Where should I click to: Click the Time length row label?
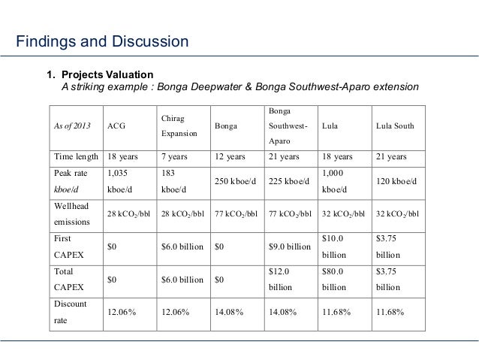76,157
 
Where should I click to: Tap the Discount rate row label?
71,312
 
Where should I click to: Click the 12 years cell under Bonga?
231,157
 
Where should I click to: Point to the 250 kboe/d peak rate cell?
237,181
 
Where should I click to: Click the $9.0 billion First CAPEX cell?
289,247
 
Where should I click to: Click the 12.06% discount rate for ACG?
122,312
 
